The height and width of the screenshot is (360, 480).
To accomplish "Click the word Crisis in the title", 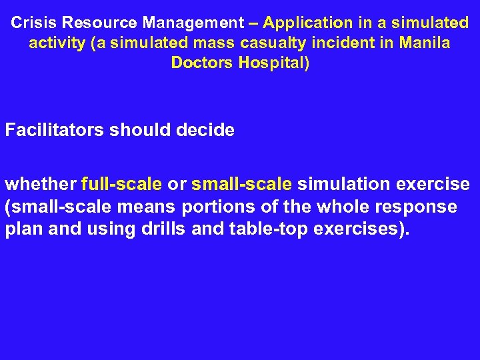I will click(34, 23).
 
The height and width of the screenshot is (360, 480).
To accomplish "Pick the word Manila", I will click(426, 43).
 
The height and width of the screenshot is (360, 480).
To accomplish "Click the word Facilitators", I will click(54, 130).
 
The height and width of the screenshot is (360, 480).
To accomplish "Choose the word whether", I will click(41, 183).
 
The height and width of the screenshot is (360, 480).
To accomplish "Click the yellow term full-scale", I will click(121, 183).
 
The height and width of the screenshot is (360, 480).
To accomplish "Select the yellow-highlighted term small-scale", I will click(241, 183).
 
